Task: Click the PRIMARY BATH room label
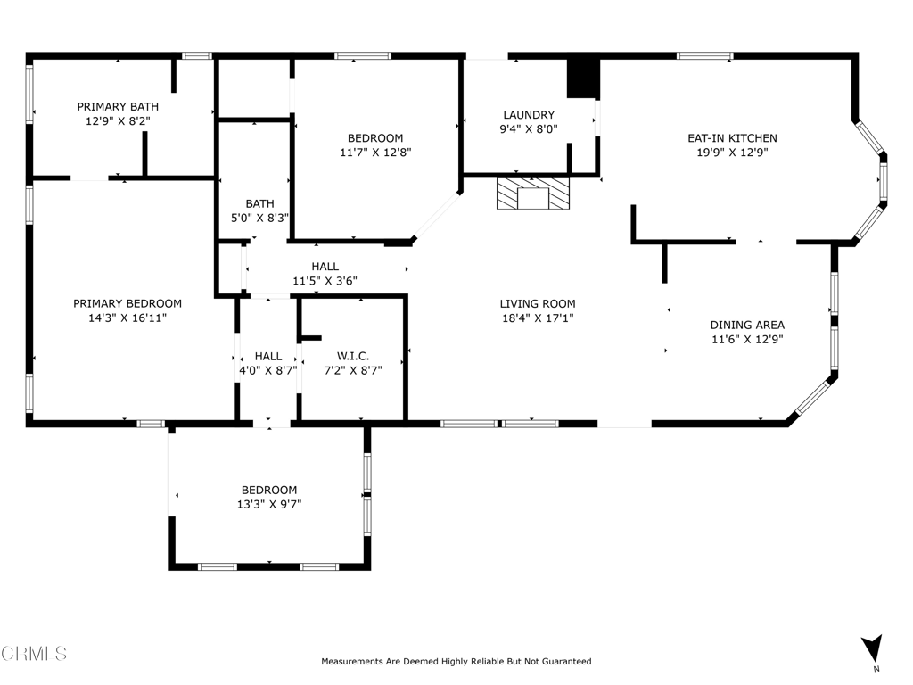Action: coord(118,107)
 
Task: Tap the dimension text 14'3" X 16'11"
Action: coord(127,318)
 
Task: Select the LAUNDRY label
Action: coord(529,115)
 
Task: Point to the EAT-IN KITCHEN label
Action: coord(732,138)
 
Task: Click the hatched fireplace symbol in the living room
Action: coord(533,194)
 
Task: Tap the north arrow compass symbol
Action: coord(872,648)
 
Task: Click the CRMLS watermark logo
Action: coord(34,653)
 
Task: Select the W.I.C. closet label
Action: coord(353,356)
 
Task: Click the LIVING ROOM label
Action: coord(538,303)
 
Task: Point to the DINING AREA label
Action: coord(747,325)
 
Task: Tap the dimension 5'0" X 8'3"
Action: coord(259,218)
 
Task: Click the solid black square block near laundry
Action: coord(583,78)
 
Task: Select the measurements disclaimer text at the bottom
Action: coord(456,661)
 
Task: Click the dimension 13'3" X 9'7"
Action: coord(269,505)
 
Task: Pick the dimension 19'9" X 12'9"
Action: coord(733,153)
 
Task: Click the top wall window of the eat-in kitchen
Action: coord(704,56)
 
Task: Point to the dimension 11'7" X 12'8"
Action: coord(375,153)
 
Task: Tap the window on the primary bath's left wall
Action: coord(29,94)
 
